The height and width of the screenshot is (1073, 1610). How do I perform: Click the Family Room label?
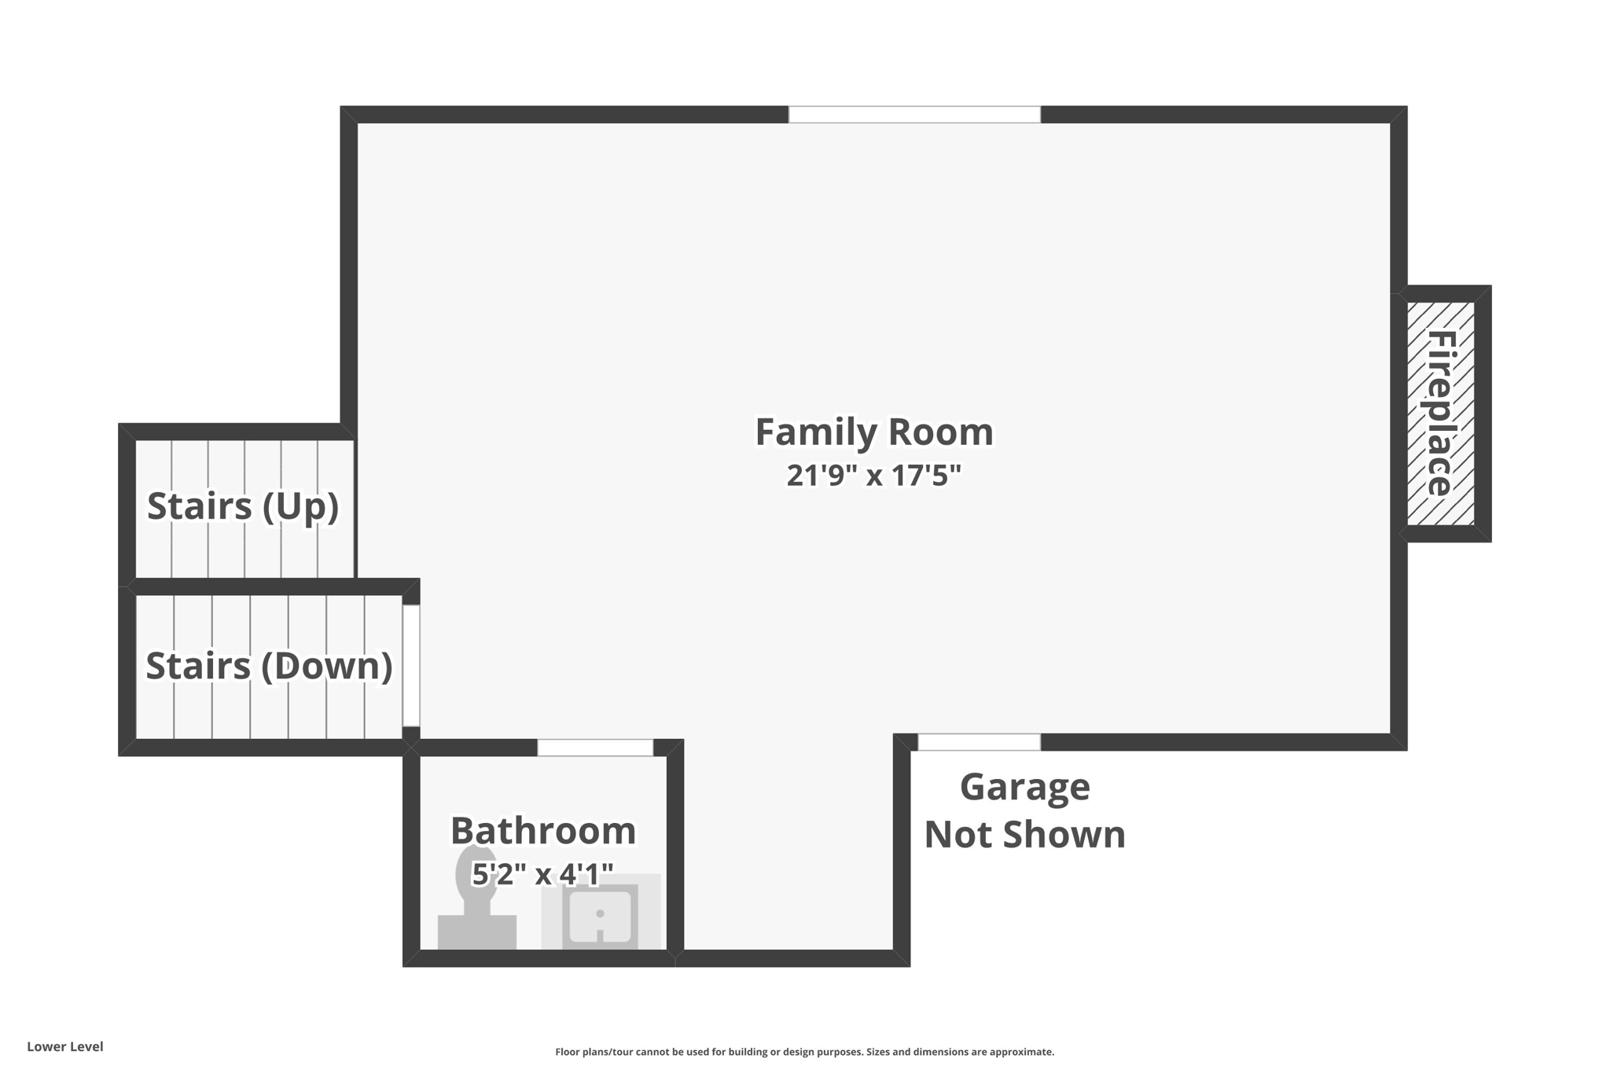click(873, 432)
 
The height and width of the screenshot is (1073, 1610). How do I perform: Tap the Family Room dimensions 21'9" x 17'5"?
click(873, 476)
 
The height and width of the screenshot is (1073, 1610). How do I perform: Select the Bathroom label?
click(542, 831)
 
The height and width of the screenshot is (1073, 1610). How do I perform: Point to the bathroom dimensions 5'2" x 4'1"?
click(542, 873)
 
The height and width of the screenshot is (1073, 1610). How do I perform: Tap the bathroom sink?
click(600, 917)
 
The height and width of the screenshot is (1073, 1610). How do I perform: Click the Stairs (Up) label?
click(243, 505)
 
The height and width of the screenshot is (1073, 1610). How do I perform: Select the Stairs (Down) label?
click(269, 666)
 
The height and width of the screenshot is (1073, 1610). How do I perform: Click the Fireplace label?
click(1440, 413)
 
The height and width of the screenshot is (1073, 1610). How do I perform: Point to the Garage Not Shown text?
click(1024, 810)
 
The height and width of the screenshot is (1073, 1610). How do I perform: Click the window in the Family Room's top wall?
click(914, 115)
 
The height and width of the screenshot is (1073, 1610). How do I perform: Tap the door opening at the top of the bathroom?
click(595, 748)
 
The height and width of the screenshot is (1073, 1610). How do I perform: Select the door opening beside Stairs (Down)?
click(411, 666)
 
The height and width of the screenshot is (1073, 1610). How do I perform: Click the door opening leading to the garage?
click(979, 742)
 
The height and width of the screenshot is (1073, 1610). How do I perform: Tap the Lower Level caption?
click(65, 1046)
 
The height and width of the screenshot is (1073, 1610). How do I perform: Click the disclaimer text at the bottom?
click(804, 1052)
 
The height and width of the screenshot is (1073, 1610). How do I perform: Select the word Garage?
click(1024, 787)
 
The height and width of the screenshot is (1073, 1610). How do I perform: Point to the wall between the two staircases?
click(267, 586)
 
